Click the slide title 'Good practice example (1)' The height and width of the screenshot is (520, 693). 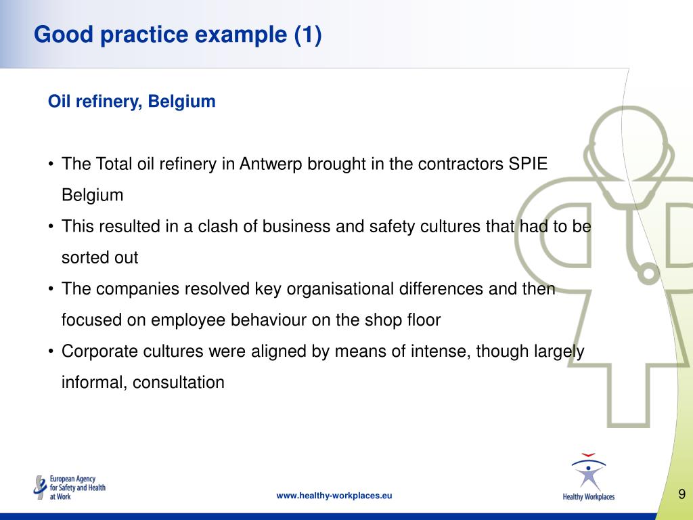(177, 34)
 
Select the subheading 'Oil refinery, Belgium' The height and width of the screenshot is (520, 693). (131, 102)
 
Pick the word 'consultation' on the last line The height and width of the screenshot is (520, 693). (178, 383)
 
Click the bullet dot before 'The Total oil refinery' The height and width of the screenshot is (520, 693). (51, 165)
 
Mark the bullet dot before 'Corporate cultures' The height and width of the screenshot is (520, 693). (51, 351)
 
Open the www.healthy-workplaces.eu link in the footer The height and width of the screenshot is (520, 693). (334, 496)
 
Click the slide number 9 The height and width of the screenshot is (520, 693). (681, 494)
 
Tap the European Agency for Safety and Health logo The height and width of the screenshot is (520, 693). (70, 487)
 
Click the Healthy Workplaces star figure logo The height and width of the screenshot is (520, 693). (588, 477)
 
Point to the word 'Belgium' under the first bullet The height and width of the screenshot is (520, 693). (92, 196)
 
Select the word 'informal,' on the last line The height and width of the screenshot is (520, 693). (94, 383)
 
